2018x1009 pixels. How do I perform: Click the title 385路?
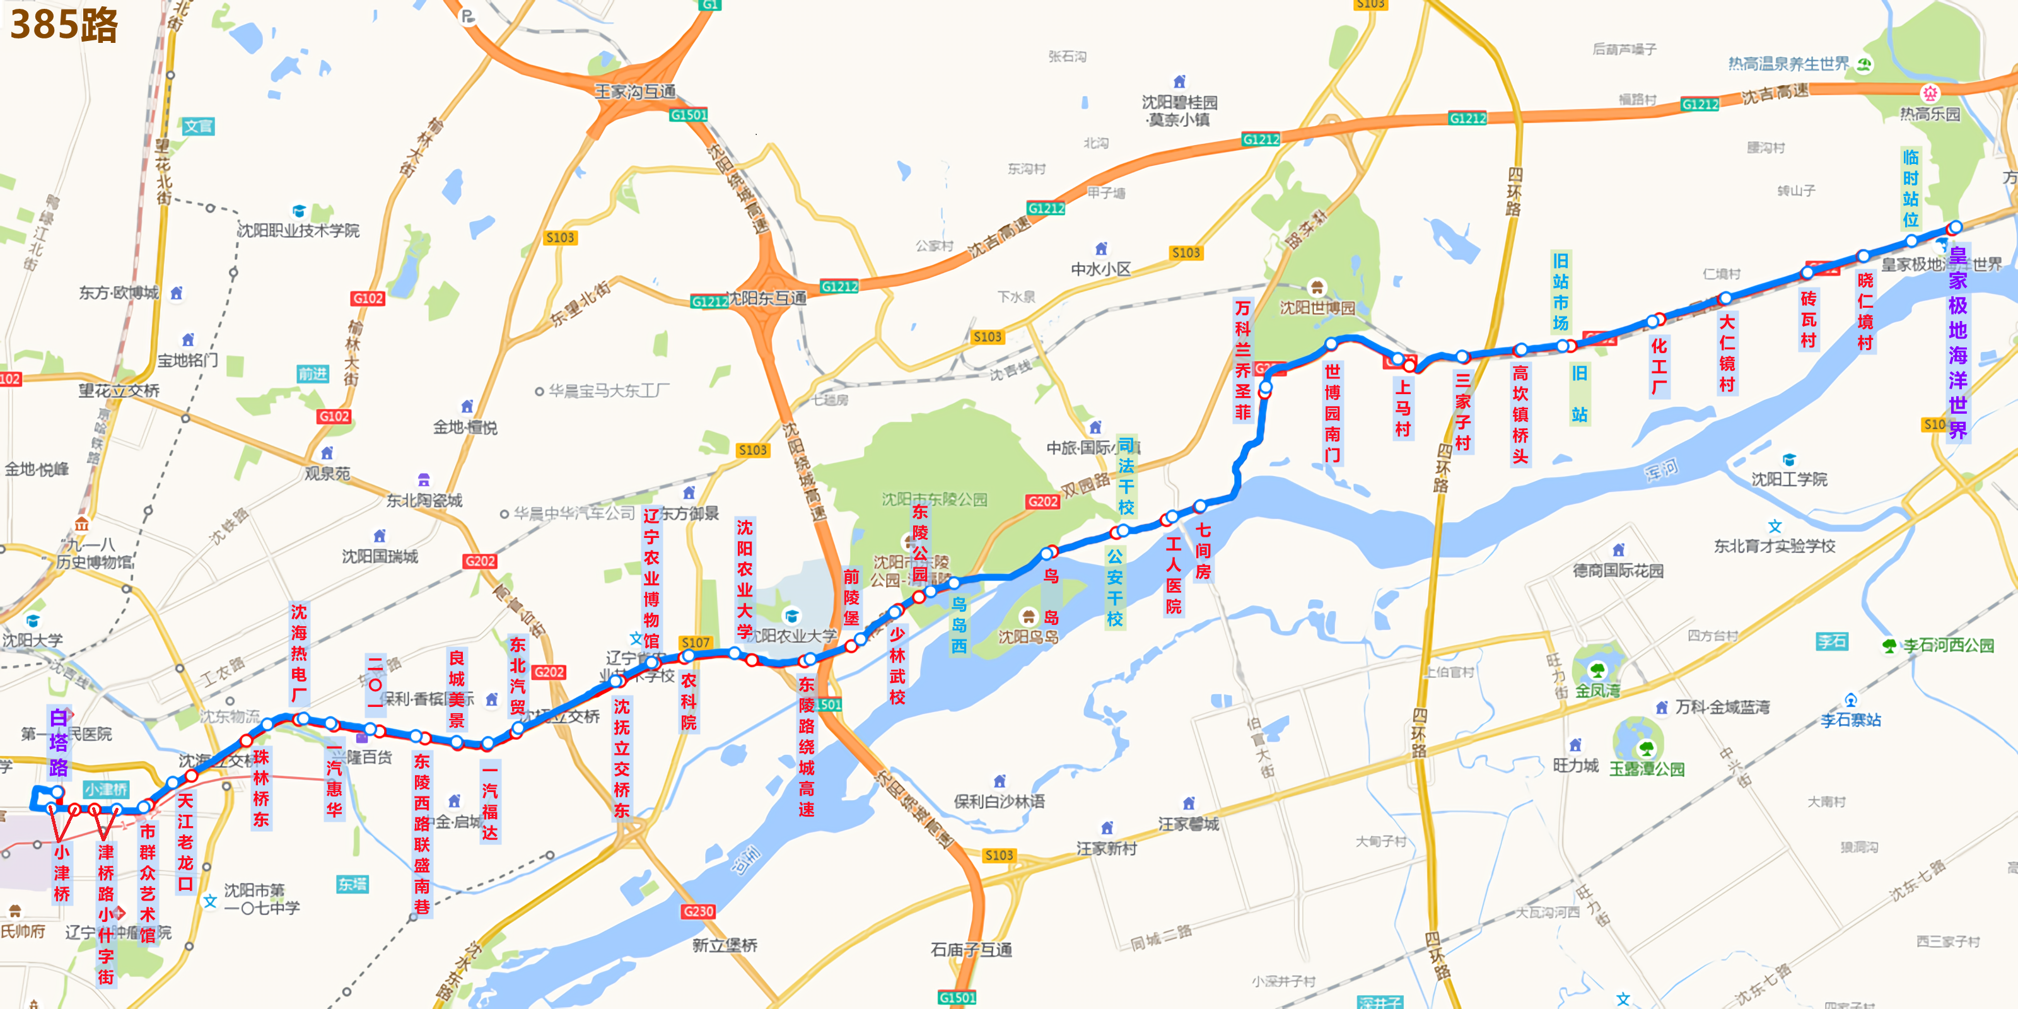coord(64,25)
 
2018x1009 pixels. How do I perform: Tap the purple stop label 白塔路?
coord(59,742)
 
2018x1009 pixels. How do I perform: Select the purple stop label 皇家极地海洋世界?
coord(1957,342)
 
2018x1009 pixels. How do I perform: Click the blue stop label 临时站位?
coord(1911,189)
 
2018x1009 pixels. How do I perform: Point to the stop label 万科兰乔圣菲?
coord(1242,359)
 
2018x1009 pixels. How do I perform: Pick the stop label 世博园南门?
coord(1332,413)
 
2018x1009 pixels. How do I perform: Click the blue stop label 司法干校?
coord(1126,475)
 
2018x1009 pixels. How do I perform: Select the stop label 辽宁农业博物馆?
coord(651,578)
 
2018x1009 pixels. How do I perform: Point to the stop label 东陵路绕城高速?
coord(806,747)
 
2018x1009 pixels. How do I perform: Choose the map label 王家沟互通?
coord(634,91)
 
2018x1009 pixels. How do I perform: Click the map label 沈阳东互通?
coord(767,298)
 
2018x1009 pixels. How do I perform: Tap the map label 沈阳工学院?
coord(1788,479)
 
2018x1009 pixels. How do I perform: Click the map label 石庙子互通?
coord(971,950)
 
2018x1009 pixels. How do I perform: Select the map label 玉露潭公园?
coord(1646,769)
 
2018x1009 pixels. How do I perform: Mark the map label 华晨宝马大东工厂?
coord(609,390)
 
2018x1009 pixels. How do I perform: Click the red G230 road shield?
coord(698,911)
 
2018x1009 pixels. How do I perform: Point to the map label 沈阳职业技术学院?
coord(298,230)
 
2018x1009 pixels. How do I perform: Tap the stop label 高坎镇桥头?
coord(1520,414)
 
